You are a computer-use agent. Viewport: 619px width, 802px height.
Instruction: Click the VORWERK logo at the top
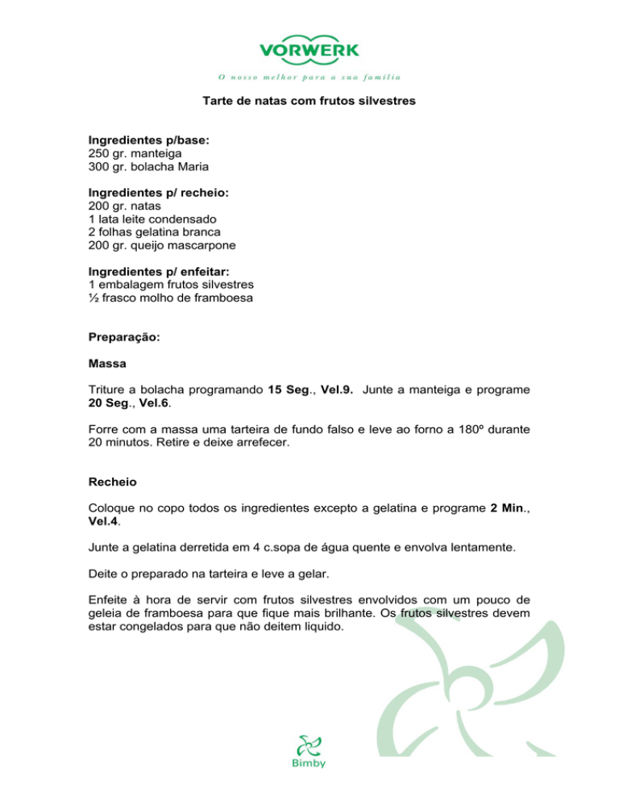309,49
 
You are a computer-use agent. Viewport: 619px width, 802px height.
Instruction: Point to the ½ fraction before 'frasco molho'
93,299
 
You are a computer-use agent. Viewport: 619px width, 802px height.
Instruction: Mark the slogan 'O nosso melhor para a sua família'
309,77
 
